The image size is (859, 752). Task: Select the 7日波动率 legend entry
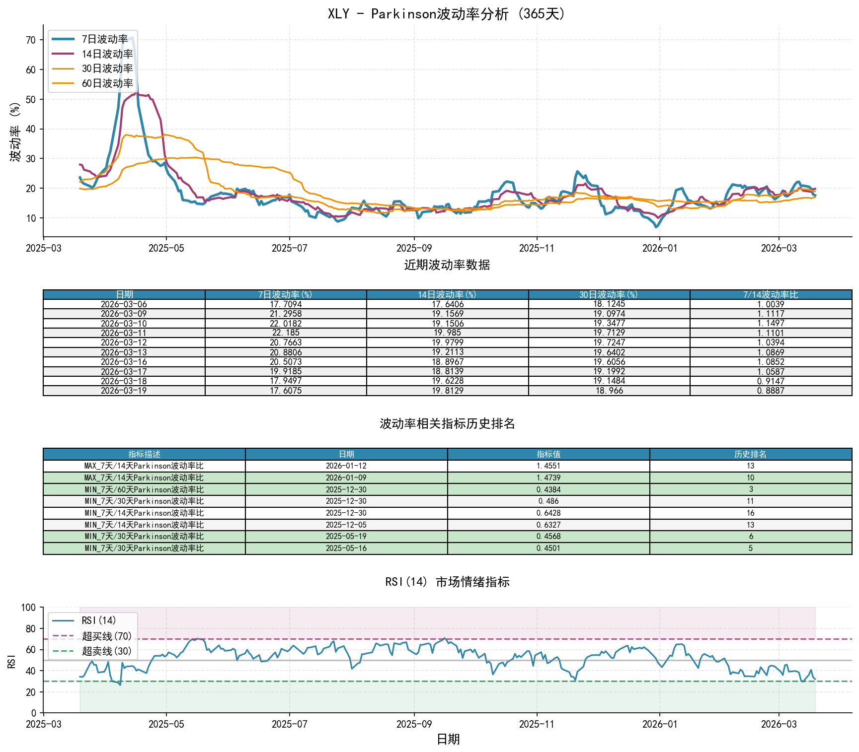(104, 39)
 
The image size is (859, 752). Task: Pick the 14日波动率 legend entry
(107, 54)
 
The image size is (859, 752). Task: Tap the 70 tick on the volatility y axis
(31, 40)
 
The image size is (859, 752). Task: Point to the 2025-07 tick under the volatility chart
(289, 248)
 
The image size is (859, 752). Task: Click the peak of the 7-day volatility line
(131, 38)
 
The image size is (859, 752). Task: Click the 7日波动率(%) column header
(285, 294)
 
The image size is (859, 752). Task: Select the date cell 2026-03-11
(124, 333)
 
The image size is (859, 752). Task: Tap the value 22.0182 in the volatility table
(285, 323)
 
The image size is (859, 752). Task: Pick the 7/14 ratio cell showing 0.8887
(771, 391)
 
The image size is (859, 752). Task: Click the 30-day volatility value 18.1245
(609, 304)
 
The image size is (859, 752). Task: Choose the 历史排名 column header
(750, 454)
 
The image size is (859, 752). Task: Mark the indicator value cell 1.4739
(548, 478)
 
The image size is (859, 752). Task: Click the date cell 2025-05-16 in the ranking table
(346, 548)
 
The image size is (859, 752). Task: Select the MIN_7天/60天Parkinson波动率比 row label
(144, 489)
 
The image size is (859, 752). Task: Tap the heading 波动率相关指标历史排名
(447, 423)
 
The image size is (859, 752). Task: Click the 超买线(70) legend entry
(106, 636)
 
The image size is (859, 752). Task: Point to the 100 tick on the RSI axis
(28, 608)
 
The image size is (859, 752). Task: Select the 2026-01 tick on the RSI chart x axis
(659, 724)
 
